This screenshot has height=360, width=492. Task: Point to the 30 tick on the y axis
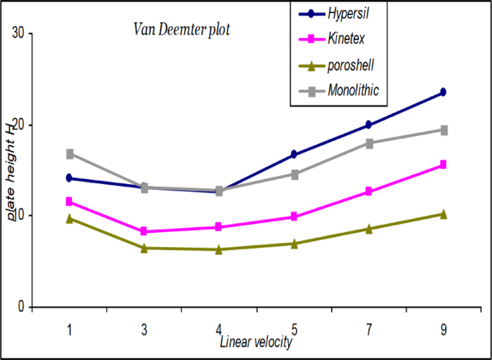pos(17,33)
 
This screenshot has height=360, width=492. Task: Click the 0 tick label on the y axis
pos(21,308)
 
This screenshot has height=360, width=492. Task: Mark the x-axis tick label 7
pos(368,329)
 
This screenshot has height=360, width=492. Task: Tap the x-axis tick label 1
pos(70,329)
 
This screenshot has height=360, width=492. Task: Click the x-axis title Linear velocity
pos(256,343)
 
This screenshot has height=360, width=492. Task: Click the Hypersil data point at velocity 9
pos(443,92)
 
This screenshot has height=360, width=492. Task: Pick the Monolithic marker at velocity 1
pos(70,154)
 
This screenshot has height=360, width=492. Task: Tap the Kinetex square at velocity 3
pos(144,231)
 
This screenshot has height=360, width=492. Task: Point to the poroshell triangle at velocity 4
pos(219,249)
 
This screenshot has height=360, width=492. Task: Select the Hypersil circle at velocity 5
pos(294,154)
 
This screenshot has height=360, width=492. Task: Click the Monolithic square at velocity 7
pos(368,143)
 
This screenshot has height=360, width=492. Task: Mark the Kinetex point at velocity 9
pos(443,165)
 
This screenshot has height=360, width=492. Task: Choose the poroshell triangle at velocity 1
pos(70,218)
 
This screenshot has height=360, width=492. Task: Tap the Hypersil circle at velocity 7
pos(368,125)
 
